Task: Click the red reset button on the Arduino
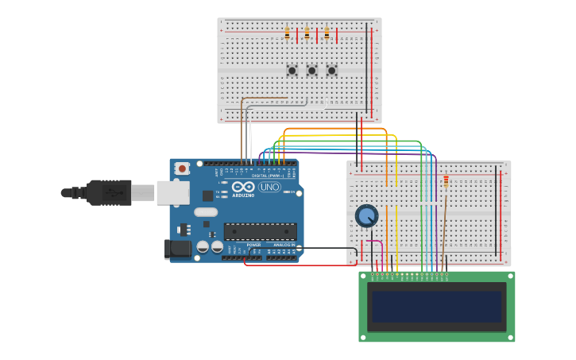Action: pyautogui.click(x=182, y=168)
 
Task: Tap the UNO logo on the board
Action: pyautogui.click(x=269, y=187)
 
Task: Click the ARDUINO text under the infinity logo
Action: pyautogui.click(x=243, y=195)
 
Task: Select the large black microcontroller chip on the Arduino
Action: pyautogui.click(x=260, y=231)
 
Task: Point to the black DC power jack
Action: pyautogui.click(x=179, y=249)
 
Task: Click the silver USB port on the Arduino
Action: pyautogui.click(x=172, y=192)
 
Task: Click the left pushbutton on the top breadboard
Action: pyautogui.click(x=292, y=71)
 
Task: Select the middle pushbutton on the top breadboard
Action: pyautogui.click(x=311, y=71)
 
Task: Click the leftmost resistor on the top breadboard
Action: pyautogui.click(x=287, y=34)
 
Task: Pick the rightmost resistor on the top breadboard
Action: pyautogui.click(x=326, y=34)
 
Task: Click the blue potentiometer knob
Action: pyautogui.click(x=366, y=215)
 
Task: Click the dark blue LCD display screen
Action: pyautogui.click(x=437, y=307)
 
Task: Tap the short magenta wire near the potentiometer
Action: pyautogui.click(x=373, y=242)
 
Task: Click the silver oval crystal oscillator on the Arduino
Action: pyautogui.click(x=205, y=212)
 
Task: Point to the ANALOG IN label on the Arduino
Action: pyautogui.click(x=282, y=245)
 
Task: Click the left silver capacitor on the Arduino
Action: pyautogui.click(x=203, y=247)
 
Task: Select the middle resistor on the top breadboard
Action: pyautogui.click(x=307, y=34)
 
